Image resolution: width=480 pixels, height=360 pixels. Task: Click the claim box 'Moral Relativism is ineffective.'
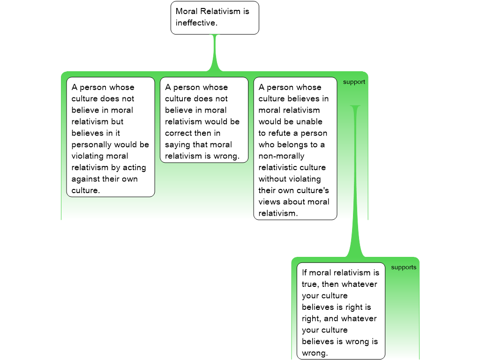pyautogui.click(x=215, y=17)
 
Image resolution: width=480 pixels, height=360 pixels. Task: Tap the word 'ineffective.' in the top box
pyautogui.click(x=197, y=22)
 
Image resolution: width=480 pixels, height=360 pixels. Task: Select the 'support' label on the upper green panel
pyautogui.click(x=354, y=82)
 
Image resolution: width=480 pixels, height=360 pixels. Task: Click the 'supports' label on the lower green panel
pyautogui.click(x=404, y=268)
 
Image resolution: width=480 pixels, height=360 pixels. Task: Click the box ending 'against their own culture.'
pyautogui.click(x=110, y=137)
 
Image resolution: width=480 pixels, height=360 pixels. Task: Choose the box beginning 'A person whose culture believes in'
pyautogui.click(x=295, y=148)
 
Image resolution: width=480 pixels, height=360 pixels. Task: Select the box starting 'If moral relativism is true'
pyautogui.click(x=341, y=311)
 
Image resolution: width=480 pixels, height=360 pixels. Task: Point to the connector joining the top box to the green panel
pyautogui.click(x=215, y=54)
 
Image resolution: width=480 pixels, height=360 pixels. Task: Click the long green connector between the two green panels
pyautogui.click(x=355, y=187)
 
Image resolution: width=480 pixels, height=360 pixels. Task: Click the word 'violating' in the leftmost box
pyautogui.click(x=88, y=156)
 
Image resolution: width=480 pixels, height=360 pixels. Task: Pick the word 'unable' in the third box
pyautogui.click(x=309, y=121)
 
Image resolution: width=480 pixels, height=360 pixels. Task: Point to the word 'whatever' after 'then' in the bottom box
pyautogui.click(x=359, y=284)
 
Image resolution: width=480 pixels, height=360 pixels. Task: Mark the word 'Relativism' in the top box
pyautogui.click(x=220, y=11)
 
